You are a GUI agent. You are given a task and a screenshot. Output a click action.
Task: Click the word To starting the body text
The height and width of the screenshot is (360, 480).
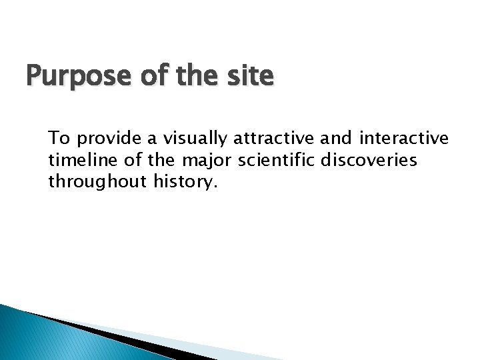pyautogui.click(x=59, y=139)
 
